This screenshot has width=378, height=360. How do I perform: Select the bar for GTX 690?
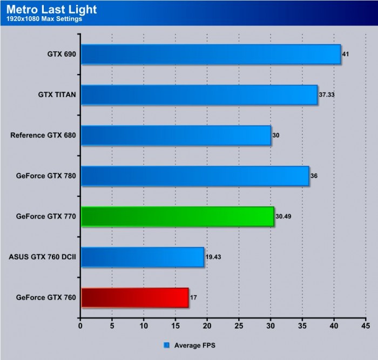[211, 54]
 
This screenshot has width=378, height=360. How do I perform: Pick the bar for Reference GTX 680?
[175, 135]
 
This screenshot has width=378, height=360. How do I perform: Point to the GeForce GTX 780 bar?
[194, 175]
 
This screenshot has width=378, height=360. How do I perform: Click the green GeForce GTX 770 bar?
[177, 216]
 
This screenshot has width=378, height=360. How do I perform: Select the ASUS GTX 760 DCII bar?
[142, 256]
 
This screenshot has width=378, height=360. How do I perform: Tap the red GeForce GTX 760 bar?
[134, 297]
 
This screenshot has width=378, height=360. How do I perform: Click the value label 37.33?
[327, 94]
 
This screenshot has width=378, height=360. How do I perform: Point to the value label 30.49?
[284, 216]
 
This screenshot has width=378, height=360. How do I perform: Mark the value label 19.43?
[214, 256]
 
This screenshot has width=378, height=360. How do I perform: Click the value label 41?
[346, 54]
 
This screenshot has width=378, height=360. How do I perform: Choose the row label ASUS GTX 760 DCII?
[42, 256]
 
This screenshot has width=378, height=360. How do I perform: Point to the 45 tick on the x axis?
[366, 325]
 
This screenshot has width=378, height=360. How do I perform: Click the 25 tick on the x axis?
[239, 325]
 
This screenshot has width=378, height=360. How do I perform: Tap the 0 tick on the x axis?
[80, 325]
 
